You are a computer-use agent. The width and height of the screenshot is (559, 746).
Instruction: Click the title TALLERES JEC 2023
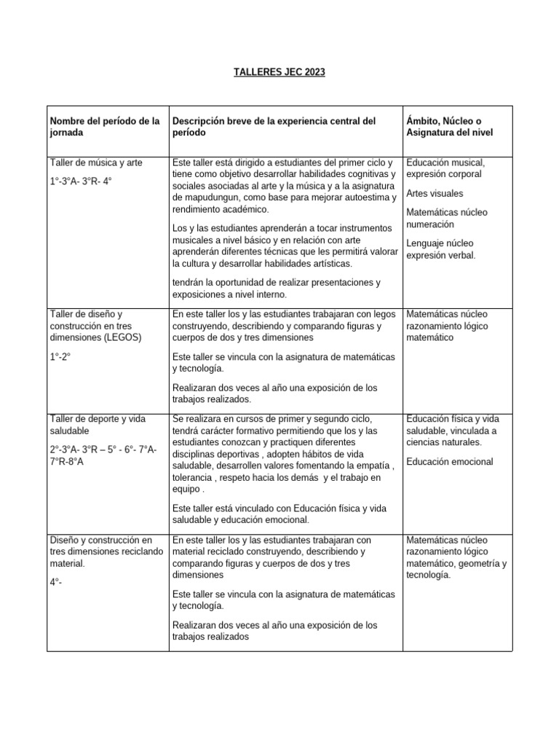[x=279, y=72]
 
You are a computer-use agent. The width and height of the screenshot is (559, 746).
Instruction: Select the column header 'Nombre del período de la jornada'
[x=104, y=127]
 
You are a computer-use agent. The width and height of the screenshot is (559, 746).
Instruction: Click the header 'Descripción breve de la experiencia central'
[x=273, y=121]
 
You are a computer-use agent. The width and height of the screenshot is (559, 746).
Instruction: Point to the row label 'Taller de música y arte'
[x=95, y=162]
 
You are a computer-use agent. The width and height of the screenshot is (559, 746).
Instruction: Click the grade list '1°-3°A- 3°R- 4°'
[x=81, y=181]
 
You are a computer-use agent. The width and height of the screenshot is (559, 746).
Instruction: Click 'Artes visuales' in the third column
[x=435, y=194]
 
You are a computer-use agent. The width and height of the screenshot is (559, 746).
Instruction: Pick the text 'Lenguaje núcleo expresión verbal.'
[x=440, y=249]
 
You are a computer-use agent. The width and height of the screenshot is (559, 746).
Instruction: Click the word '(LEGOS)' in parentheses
[x=122, y=337]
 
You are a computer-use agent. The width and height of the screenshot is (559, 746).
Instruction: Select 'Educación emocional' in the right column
[x=450, y=461]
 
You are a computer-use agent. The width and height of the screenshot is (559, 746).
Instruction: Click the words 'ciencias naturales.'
[x=444, y=441]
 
